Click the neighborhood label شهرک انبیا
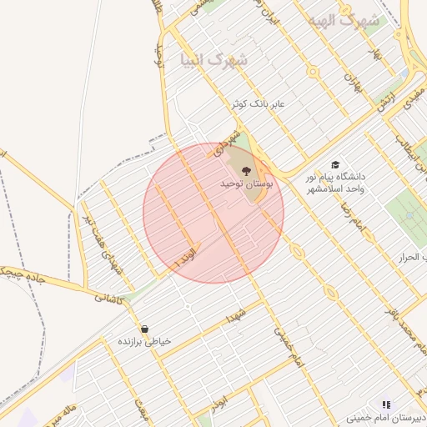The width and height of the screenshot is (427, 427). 214,60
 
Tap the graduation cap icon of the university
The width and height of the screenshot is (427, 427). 335,165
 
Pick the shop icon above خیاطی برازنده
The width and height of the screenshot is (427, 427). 146,329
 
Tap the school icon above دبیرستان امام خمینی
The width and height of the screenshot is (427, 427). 385,403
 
